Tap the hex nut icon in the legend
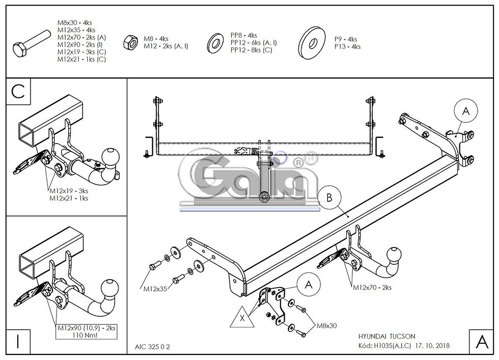click(130, 42)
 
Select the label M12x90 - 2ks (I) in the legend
click(80, 44)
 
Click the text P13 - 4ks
click(347, 46)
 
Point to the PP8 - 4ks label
click(244, 35)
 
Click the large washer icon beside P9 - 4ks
click(312, 43)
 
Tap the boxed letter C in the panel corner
click(18, 92)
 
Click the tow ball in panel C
click(111, 157)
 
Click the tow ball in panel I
click(110, 288)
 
